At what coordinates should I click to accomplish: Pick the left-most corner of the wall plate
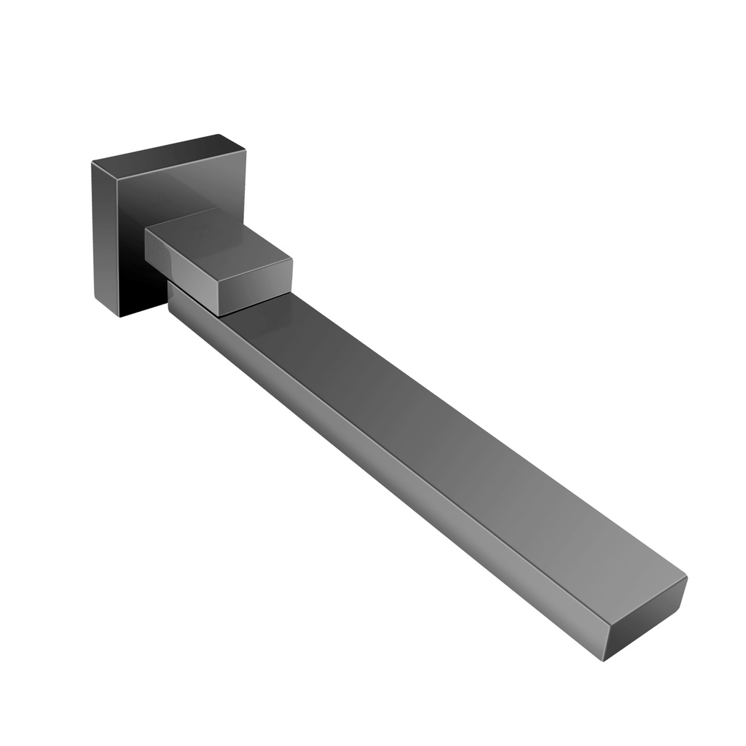pos(92,162)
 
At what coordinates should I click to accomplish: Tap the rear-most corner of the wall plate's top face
pos(221,135)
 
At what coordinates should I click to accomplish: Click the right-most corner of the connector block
pos(292,259)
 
